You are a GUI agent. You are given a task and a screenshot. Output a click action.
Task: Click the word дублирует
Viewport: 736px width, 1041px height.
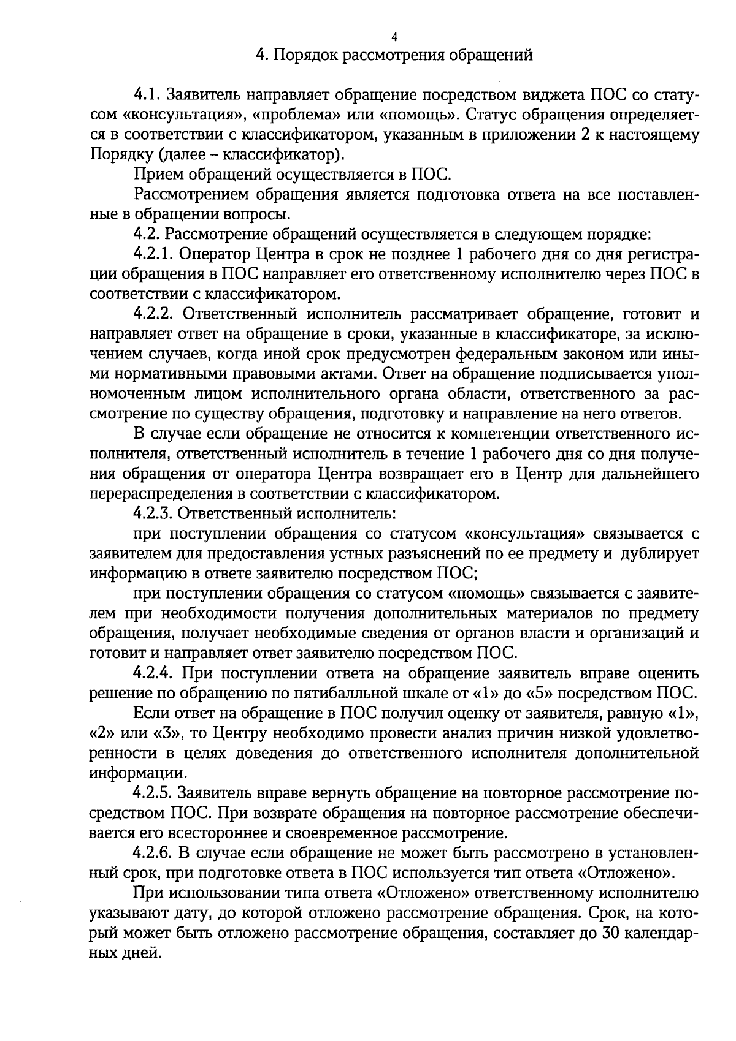click(x=660, y=554)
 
